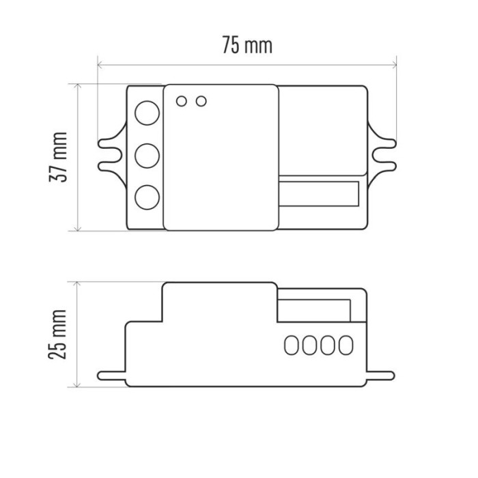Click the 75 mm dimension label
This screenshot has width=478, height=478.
[247, 45]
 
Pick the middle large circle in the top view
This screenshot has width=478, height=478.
[147, 156]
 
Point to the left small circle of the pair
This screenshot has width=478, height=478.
[182, 101]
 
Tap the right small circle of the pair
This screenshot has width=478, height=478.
[201, 101]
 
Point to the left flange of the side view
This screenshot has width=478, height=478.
[111, 375]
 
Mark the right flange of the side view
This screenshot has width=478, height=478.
[380, 375]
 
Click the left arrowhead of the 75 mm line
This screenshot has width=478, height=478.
[101, 66]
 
